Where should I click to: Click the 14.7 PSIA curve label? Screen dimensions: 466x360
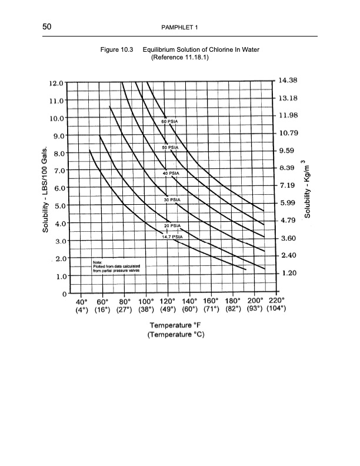click(x=172, y=237)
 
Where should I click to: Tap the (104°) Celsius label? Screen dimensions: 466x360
click(x=275, y=307)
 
